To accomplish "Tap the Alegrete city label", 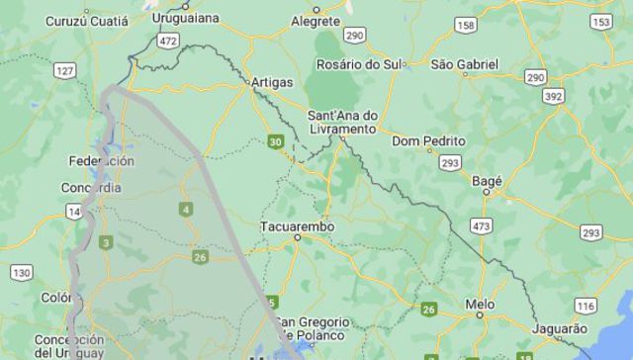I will [316, 20].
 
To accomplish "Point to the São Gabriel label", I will [465, 64].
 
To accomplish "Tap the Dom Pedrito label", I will [428, 141].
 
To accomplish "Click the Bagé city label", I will [488, 181].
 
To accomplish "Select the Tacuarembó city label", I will [297, 226].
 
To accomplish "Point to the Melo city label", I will [481, 304].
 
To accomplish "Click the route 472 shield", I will [169, 41].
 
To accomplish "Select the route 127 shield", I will [66, 70].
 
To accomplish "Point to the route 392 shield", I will [554, 97].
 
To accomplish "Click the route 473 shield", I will [482, 226].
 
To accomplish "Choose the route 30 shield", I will [275, 142].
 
